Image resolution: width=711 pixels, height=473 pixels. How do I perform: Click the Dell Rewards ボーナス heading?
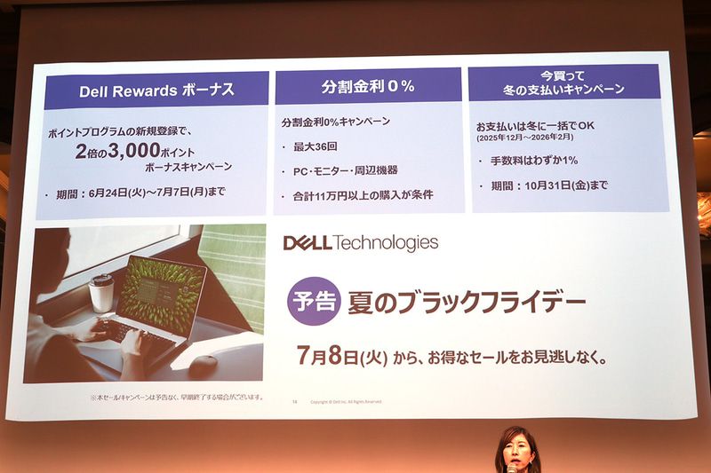(156, 91)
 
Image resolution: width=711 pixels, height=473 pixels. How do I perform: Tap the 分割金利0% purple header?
(369, 88)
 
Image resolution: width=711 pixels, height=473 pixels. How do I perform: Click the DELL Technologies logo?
(360, 242)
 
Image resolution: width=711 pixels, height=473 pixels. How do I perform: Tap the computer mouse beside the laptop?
(204, 364)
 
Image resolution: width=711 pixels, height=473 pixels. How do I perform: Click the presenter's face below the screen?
(517, 453)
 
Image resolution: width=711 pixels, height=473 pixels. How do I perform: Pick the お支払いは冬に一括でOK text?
(535, 125)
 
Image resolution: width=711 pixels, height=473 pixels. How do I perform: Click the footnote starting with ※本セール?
(177, 397)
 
